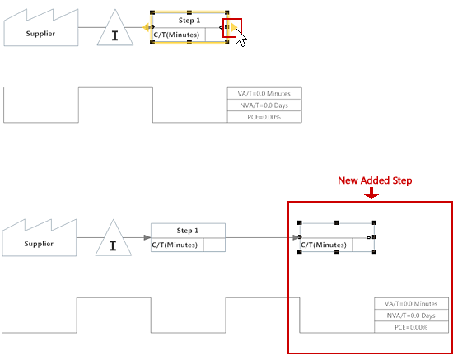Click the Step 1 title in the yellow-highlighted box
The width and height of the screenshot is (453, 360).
pyautogui.click(x=189, y=21)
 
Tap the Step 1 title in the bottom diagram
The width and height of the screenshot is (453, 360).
pyautogui.click(x=188, y=231)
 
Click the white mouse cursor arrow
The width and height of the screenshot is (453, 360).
pyautogui.click(x=241, y=38)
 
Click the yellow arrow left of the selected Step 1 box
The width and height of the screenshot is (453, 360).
pyautogui.click(x=146, y=27)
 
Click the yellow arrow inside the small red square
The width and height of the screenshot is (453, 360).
pyautogui.click(x=234, y=27)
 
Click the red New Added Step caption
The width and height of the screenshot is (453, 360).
pyautogui.click(x=375, y=180)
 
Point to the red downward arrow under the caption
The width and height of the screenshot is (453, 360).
pyautogui.click(x=371, y=193)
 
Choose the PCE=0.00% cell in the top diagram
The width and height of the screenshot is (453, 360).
pyautogui.click(x=264, y=117)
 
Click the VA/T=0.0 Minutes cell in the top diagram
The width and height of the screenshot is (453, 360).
pyautogui.click(x=264, y=94)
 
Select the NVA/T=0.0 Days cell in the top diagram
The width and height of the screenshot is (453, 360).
pyautogui.click(x=264, y=105)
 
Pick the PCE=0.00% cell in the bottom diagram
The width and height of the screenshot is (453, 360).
pyautogui.click(x=411, y=327)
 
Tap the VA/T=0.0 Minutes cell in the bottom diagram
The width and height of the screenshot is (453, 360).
pyautogui.click(x=411, y=304)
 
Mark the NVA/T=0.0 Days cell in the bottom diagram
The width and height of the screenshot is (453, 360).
pyautogui.click(x=411, y=316)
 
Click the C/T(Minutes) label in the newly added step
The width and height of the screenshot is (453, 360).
pyautogui.click(x=324, y=245)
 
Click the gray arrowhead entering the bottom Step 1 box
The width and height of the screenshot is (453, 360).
pyautogui.click(x=147, y=237)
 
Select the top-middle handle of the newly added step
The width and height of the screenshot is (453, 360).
pyautogui.click(x=337, y=222)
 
